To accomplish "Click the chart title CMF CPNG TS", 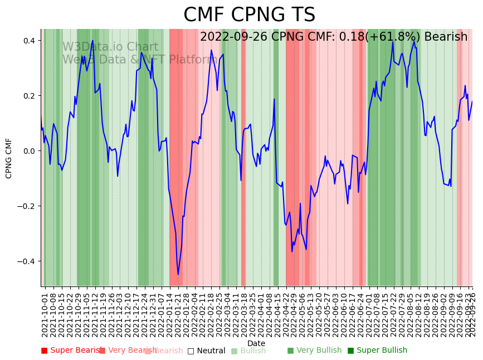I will coord(249,15).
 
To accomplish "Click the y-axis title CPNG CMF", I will coord(9,158).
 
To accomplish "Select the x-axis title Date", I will coord(256,343).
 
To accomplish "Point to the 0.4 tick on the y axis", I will coord(29,41).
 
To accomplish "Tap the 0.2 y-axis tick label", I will coord(29,96).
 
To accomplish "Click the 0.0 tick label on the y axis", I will coord(29,151).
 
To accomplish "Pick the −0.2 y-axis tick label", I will coord(27,206).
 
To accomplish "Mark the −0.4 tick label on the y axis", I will coord(27,261).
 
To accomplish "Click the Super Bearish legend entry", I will coord(71,351).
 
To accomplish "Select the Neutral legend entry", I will coord(206,351).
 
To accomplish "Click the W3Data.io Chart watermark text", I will coord(110,47).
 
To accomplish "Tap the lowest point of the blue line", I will coord(178,274).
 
